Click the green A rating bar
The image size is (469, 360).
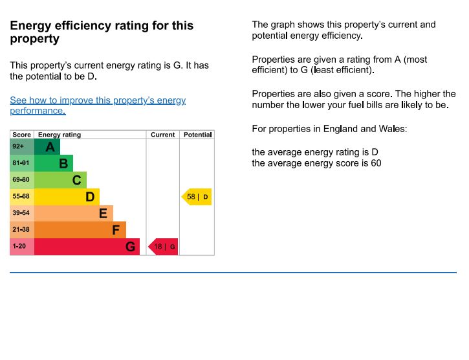tap(47, 147)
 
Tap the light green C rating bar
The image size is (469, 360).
tap(60, 180)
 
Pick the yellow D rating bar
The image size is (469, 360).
tap(66, 197)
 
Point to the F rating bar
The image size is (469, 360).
tap(80, 230)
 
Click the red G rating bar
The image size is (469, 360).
tap(86, 247)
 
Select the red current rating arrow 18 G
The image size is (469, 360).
tap(164, 247)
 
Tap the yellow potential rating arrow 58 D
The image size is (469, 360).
tap(197, 197)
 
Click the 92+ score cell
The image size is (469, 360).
tap(21, 147)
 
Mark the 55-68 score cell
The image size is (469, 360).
tap(21, 197)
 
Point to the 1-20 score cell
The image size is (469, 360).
tap(21, 247)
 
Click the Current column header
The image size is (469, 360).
tap(162, 135)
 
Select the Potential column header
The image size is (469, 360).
tap(197, 135)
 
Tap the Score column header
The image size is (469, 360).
tap(21, 135)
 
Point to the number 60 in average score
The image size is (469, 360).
tap(376, 163)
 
